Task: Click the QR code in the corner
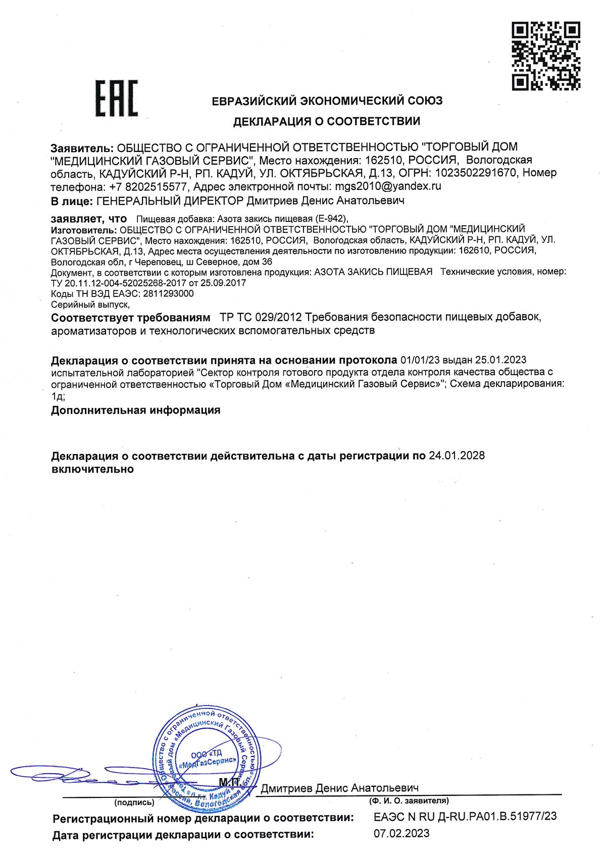546,56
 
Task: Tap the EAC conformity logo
117,98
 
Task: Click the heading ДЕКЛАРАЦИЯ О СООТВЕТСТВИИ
326,121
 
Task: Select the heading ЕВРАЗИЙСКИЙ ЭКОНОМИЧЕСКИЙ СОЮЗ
327,100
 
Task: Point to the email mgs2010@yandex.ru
388,186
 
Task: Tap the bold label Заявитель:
82,147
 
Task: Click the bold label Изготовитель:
83,229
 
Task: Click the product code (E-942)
331,219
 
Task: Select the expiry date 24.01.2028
457,456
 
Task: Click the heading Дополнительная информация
136,410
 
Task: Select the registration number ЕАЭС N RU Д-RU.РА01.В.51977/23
465,817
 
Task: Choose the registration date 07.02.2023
401,833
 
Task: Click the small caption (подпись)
134,802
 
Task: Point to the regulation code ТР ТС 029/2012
261,318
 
